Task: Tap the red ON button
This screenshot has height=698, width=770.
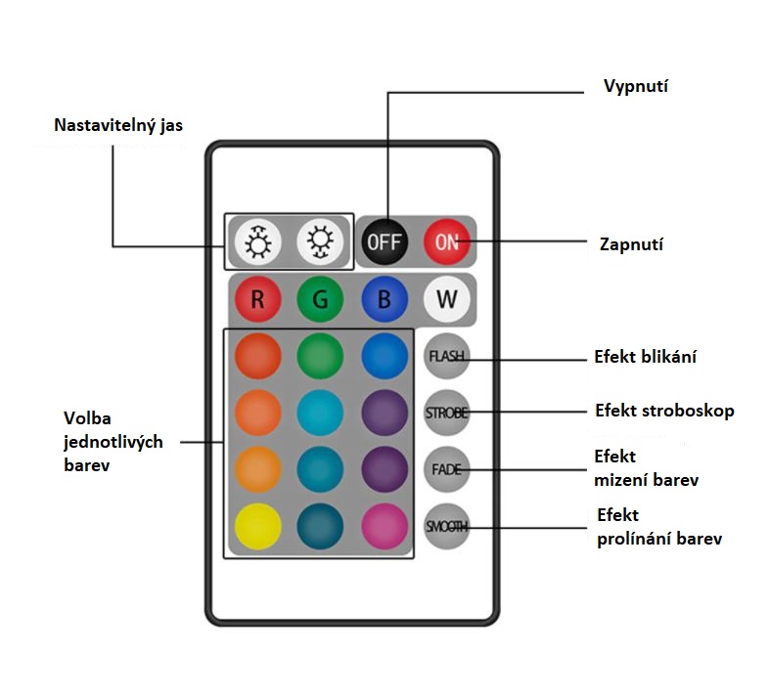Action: click(x=447, y=241)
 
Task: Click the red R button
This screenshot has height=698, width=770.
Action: click(x=257, y=299)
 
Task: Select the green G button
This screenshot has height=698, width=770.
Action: click(x=320, y=299)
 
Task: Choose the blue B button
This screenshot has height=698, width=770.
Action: click(x=384, y=299)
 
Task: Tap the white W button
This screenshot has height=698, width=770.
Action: click(x=447, y=299)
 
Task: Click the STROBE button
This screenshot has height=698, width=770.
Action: click(x=446, y=413)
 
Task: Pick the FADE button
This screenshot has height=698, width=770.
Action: click(x=446, y=469)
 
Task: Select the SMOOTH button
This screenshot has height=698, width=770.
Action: click(x=446, y=527)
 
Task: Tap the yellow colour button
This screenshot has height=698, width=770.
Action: click(x=257, y=527)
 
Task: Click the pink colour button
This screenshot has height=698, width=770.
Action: click(x=384, y=527)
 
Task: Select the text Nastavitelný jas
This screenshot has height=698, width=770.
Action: click(x=118, y=126)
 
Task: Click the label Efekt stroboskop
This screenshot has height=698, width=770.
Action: click(x=664, y=411)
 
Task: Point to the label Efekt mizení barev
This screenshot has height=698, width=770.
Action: click(x=646, y=468)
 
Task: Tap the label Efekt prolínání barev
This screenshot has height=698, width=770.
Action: click(x=658, y=527)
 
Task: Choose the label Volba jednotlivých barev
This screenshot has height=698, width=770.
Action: click(x=106, y=443)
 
